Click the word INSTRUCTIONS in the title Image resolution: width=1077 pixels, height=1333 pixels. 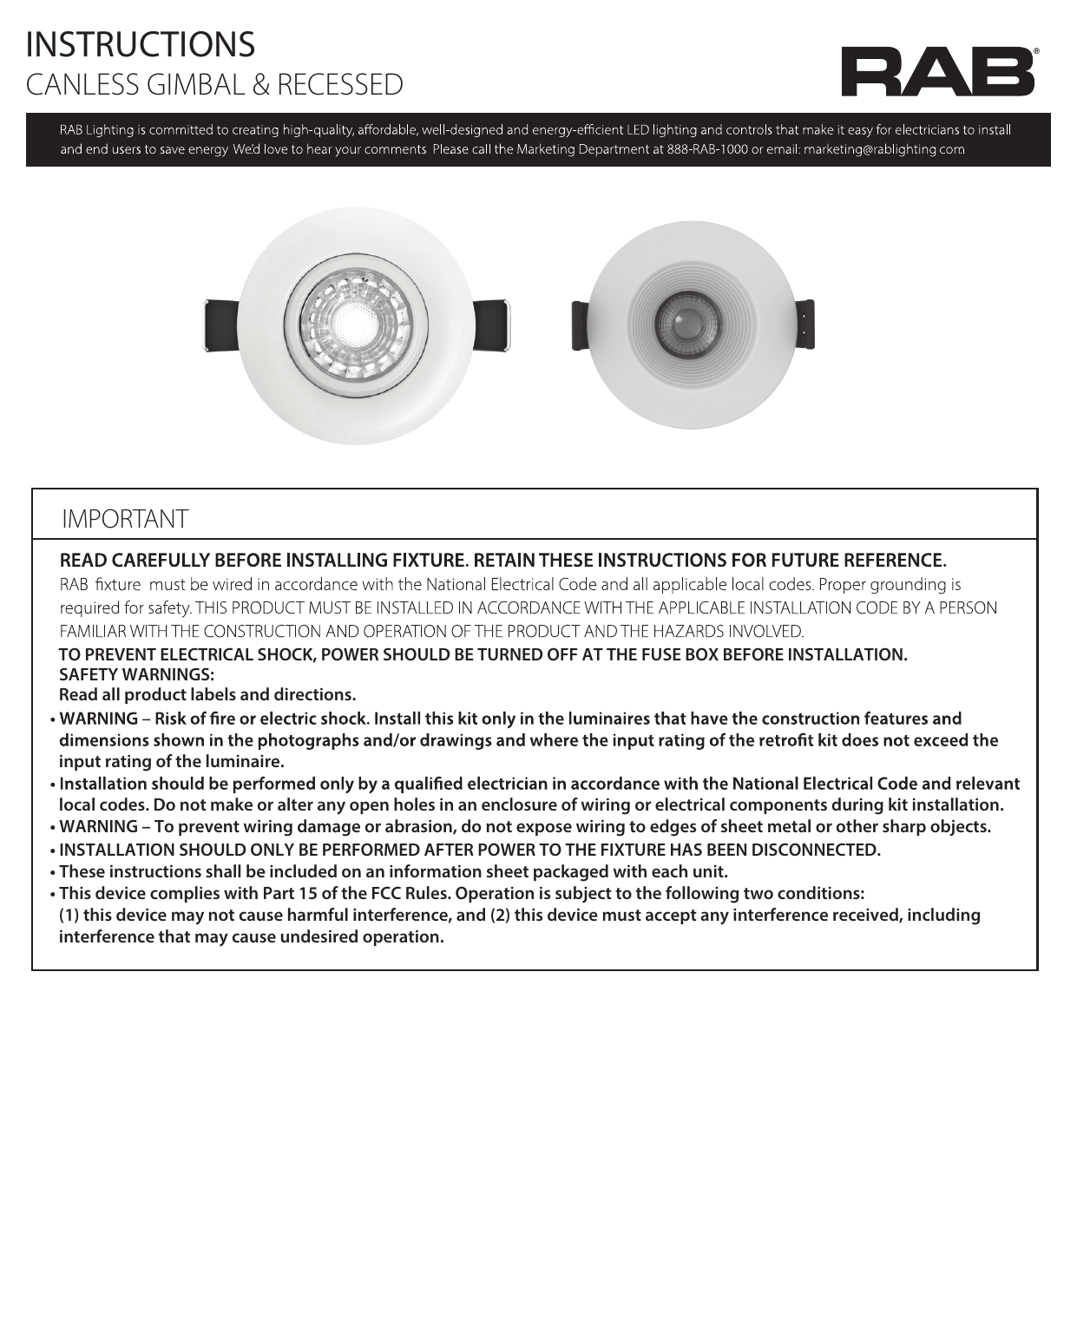click(x=141, y=44)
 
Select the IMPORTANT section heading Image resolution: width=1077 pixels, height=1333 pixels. click(x=125, y=519)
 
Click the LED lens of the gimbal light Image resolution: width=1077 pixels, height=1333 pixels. click(x=356, y=325)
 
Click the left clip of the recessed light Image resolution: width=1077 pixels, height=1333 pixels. click(x=580, y=325)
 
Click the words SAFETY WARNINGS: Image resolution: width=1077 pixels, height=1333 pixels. click(x=136, y=674)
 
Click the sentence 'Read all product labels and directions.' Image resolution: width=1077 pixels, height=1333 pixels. click(x=207, y=694)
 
